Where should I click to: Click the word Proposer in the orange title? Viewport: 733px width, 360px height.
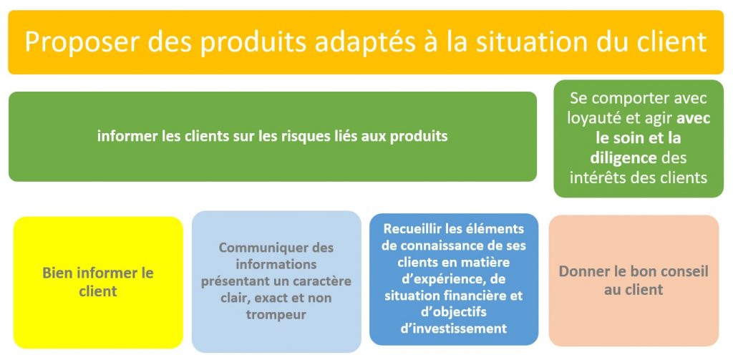coord(82,42)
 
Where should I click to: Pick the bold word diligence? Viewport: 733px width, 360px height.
coord(623,158)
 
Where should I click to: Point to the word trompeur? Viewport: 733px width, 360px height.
coord(276,315)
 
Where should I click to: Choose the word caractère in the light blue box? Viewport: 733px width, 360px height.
coord(322,281)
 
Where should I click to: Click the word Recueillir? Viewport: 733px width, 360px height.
coord(414,229)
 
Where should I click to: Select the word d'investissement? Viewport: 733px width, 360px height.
coord(454,329)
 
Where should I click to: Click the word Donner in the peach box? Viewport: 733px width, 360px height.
coord(581,272)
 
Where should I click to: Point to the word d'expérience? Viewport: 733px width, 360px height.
coord(437,279)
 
